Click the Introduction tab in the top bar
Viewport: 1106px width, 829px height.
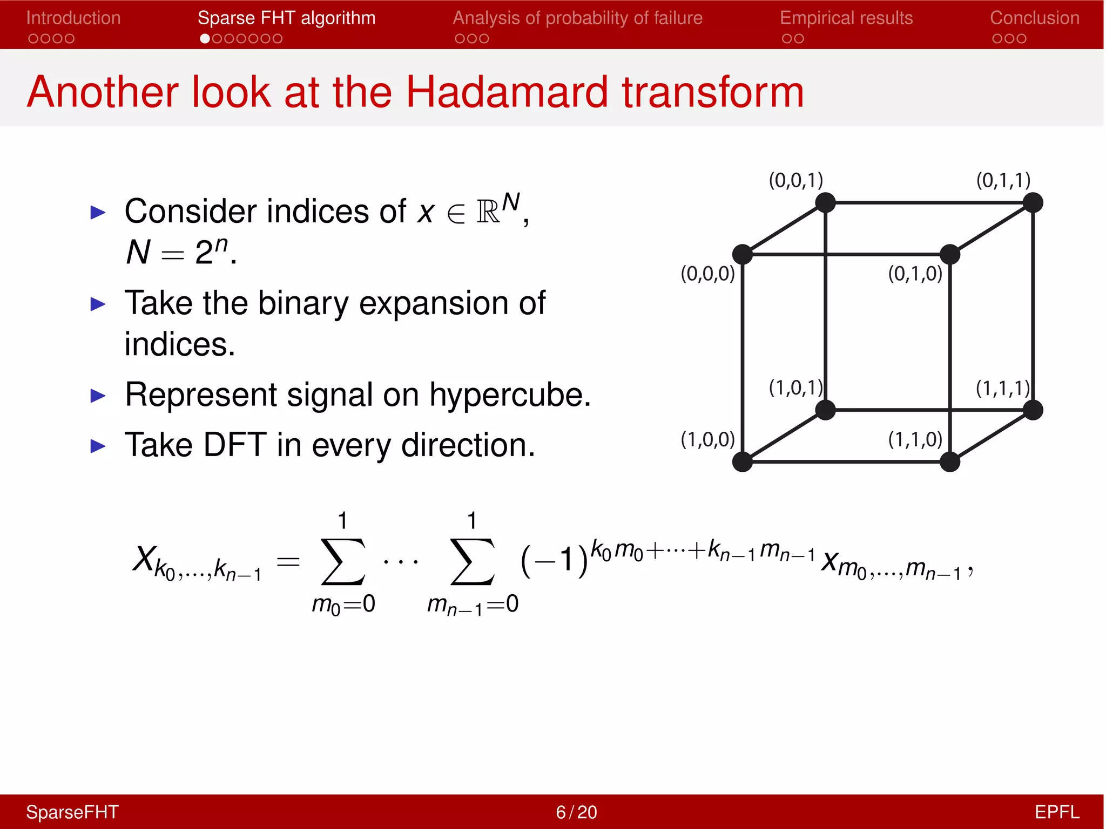[x=73, y=18]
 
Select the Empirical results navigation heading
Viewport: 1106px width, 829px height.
[x=846, y=18]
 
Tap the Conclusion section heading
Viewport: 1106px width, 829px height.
[x=1034, y=18]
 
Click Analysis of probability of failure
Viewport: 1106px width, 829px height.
[x=577, y=18]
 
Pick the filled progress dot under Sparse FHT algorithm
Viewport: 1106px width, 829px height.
[x=205, y=39]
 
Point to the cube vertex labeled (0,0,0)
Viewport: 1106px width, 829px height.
[x=743, y=254]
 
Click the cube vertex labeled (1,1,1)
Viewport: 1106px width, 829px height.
[x=1033, y=410]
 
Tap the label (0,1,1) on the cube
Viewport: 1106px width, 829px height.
[x=1003, y=180]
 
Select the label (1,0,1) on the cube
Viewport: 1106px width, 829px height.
[x=795, y=388]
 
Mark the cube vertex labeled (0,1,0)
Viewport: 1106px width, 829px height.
[x=949, y=254]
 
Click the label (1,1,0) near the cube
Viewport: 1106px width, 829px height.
[x=915, y=439]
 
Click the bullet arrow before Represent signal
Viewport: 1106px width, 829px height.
[x=98, y=396]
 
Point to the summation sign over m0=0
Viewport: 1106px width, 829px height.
[x=343, y=561]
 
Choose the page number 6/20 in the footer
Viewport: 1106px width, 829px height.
[x=576, y=812]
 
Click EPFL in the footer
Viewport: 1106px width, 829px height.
[x=1056, y=812]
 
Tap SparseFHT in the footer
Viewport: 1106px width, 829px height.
[x=72, y=812]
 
